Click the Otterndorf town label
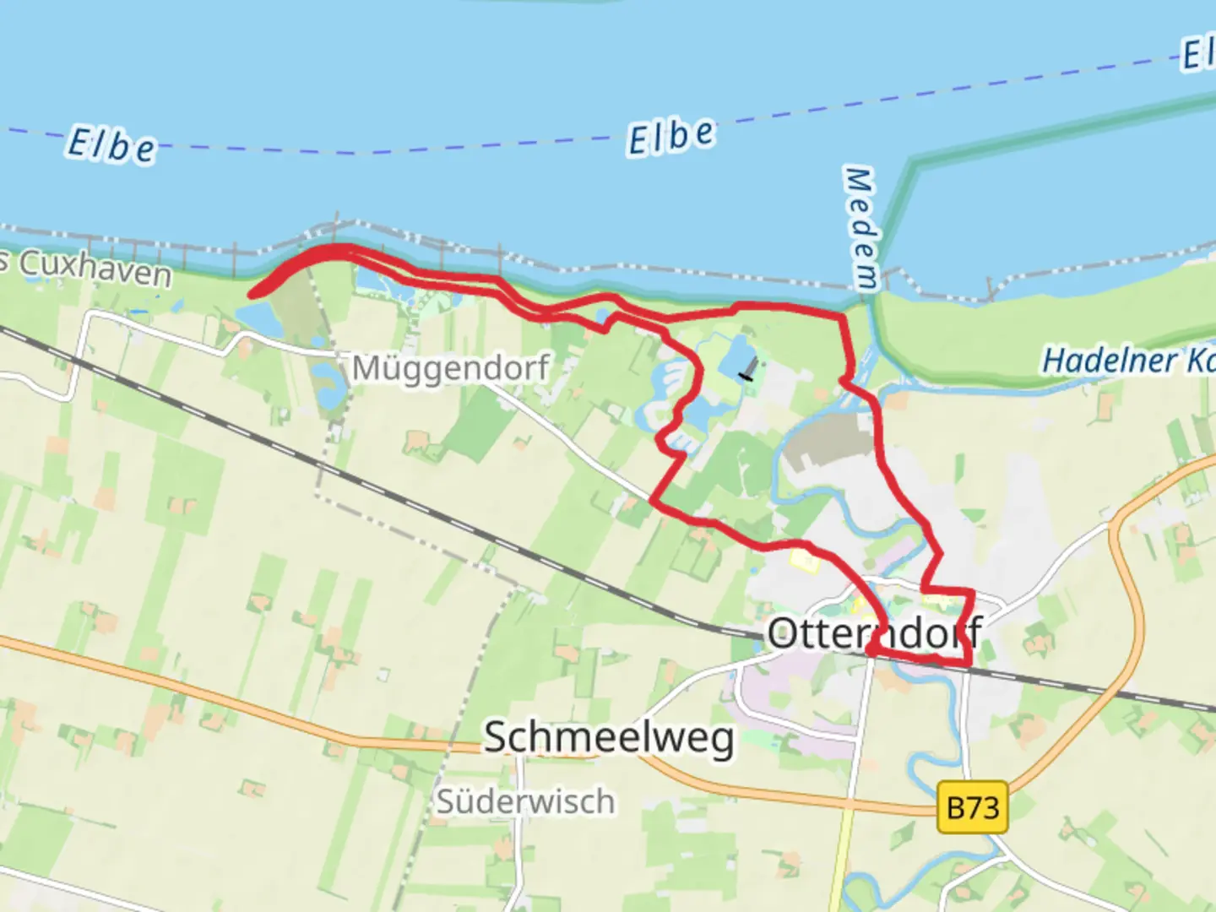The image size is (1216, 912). [x=874, y=632]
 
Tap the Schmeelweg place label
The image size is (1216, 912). [x=609, y=737]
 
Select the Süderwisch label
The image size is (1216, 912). [x=525, y=801]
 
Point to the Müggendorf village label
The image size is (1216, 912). [x=450, y=368]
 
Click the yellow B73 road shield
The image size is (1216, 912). [x=973, y=808]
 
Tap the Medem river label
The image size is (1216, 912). [x=860, y=228]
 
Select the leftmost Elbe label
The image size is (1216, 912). [x=111, y=145]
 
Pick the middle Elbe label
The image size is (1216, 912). [x=671, y=137]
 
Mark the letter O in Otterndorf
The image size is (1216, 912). [x=783, y=633]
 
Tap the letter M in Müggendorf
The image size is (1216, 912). [x=365, y=368]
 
